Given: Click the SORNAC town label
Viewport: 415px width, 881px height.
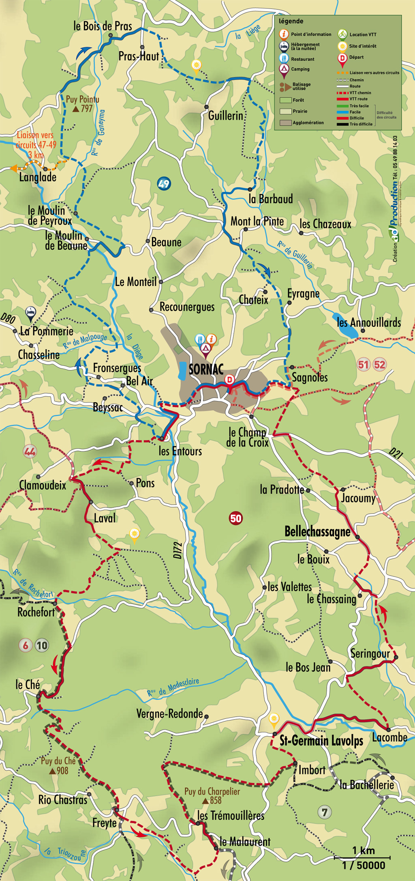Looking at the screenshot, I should [206, 370].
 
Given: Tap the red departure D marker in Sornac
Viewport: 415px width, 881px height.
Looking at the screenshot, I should [230, 380].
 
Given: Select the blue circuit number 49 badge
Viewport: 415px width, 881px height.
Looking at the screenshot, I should [164, 184].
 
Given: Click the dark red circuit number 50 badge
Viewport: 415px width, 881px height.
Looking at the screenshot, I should [235, 518].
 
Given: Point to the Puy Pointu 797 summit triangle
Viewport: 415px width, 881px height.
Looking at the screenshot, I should [76, 109].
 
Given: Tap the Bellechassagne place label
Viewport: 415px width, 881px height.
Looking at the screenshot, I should [317, 532].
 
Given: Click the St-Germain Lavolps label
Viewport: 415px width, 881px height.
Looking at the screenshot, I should [321, 741].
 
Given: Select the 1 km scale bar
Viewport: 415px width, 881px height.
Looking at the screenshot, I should [363, 857].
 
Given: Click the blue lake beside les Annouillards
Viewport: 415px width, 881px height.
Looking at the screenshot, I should [345, 325].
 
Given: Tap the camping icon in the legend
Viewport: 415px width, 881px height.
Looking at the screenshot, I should [284, 69].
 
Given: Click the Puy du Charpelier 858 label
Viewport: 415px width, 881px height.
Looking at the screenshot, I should [212, 796].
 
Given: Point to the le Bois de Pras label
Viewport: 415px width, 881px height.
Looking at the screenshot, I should [103, 26].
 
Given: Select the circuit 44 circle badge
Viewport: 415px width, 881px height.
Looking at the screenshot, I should [30, 451].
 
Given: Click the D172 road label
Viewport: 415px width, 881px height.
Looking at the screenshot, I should [178, 550].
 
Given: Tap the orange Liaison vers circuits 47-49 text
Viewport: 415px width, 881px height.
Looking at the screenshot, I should [36, 145].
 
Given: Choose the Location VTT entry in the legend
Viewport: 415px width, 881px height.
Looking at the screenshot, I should [358, 34].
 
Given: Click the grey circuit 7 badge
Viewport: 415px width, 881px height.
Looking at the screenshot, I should [324, 812].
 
